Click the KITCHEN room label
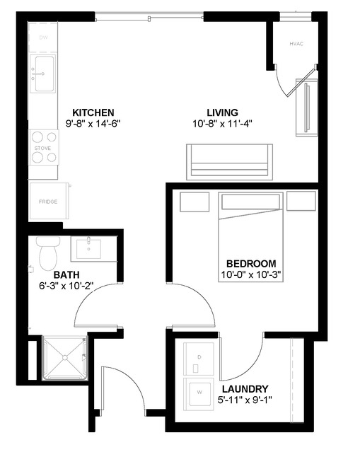point(93,112)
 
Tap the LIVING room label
point(222,112)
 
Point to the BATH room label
point(66,274)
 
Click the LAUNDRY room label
point(244,389)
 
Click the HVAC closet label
point(296,45)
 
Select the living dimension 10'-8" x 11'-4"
point(222,123)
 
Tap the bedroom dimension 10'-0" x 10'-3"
point(251,274)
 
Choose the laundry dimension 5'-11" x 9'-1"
point(245,400)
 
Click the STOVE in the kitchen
point(43,148)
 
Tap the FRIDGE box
point(49,202)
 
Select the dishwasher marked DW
point(43,37)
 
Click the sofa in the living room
point(229,161)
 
